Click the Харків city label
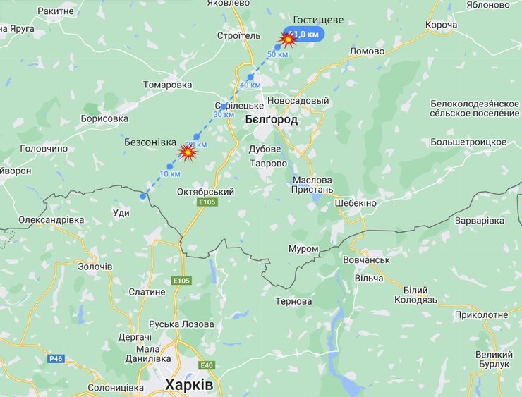click(188, 385)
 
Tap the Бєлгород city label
click(271, 120)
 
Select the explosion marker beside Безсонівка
click(188, 151)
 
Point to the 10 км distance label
click(170, 173)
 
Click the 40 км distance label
click(250, 85)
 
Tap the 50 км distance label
click(277, 55)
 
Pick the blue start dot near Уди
click(143, 197)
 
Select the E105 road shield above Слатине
click(181, 281)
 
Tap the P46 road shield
click(56, 358)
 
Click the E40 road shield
click(207, 365)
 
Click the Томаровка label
click(167, 85)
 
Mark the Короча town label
click(442, 25)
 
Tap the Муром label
click(303, 249)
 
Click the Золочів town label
click(95, 267)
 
